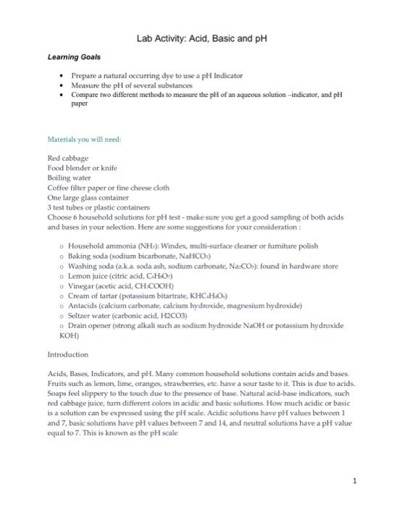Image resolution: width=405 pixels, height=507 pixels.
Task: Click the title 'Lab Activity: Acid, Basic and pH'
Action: click(x=201, y=38)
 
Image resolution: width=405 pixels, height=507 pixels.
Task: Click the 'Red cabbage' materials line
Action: click(x=67, y=157)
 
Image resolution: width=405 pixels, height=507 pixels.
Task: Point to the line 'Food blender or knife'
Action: click(x=83, y=167)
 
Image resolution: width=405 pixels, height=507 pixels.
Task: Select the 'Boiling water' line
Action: click(x=70, y=177)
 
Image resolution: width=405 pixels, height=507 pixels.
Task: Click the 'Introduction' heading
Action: click(x=67, y=355)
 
